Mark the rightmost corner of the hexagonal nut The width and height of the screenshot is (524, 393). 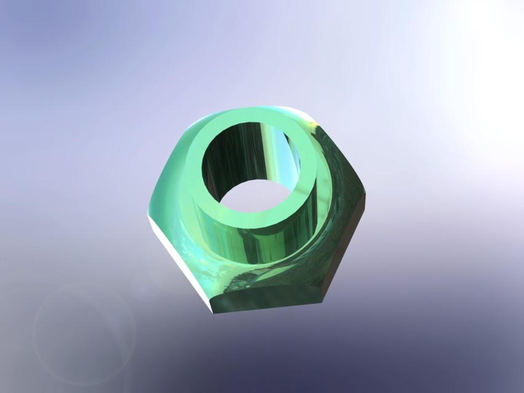pos(366,196)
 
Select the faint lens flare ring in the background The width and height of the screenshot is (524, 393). pos(84,335)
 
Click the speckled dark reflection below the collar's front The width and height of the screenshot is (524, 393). pos(246,279)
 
